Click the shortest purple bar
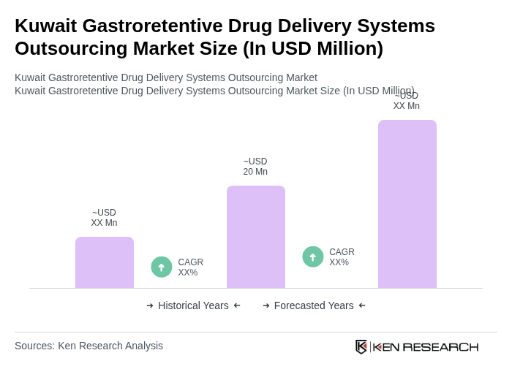pyautogui.click(x=105, y=262)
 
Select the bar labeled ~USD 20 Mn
pyautogui.click(x=256, y=237)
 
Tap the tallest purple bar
pyautogui.click(x=407, y=204)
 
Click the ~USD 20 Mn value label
pyautogui.click(x=255, y=167)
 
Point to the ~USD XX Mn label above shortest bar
pyautogui.click(x=104, y=218)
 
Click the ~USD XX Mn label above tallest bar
pyautogui.click(x=407, y=101)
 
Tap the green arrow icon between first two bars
pyautogui.click(x=162, y=267)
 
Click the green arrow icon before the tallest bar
pyautogui.click(x=313, y=257)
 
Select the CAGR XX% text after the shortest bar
pyautogui.click(x=191, y=267)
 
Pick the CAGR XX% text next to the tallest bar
pyautogui.click(x=342, y=257)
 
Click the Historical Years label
pyautogui.click(x=193, y=305)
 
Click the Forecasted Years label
pyautogui.click(x=314, y=305)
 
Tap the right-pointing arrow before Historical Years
pyautogui.click(x=150, y=305)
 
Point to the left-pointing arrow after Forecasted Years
pyautogui.click(x=362, y=305)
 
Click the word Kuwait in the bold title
pyautogui.click(x=45, y=26)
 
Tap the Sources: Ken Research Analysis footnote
pyautogui.click(x=89, y=346)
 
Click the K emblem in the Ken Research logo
pyautogui.click(x=361, y=346)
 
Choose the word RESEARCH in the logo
pyautogui.click(x=440, y=346)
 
